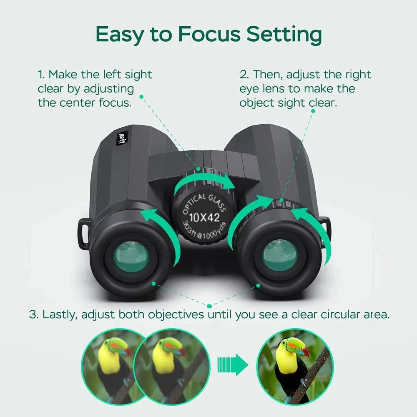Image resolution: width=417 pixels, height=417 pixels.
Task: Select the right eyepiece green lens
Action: (280, 255)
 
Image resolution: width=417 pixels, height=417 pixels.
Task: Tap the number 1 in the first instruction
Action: (40, 75)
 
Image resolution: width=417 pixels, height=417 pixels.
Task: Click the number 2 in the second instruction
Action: (243, 75)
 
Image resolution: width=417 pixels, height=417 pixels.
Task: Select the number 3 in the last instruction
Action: (33, 314)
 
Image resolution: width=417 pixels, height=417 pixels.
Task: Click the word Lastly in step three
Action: (60, 314)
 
